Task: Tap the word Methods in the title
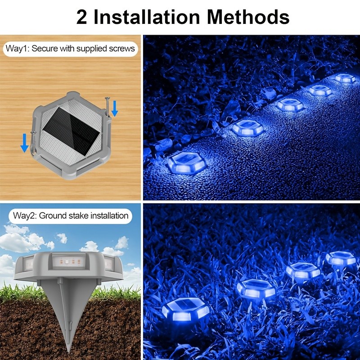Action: point(248,17)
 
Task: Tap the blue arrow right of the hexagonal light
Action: point(115,108)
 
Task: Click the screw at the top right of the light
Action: point(108,106)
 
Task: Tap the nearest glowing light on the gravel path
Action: point(186,163)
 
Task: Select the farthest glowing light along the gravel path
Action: point(345,78)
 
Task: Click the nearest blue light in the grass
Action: point(185,310)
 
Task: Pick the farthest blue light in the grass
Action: point(341,258)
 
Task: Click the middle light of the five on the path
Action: point(289,104)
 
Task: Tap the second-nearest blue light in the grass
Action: point(256,288)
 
